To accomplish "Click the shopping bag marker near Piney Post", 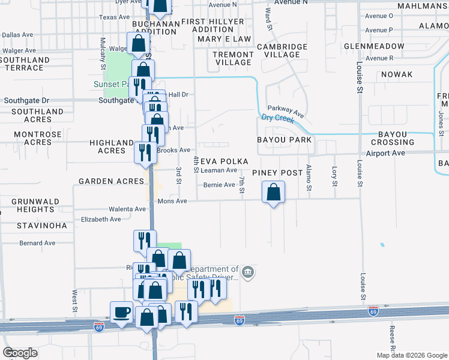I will point(273,193).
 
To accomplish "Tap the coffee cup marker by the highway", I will point(121,312).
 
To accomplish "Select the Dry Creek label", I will point(277,118).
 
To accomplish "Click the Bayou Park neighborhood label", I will point(285,140).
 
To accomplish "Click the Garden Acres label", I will point(111,181).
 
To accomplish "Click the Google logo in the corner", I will point(20,353).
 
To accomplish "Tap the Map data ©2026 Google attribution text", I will point(412,355).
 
